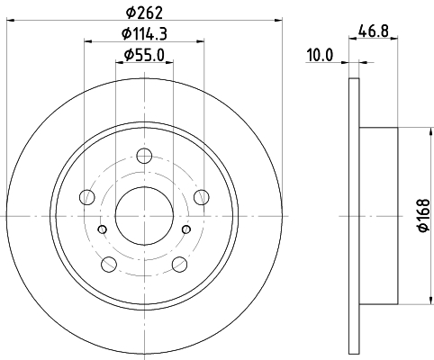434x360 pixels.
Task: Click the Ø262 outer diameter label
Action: [x=144, y=13]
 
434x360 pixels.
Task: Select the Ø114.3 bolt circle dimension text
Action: [x=144, y=33]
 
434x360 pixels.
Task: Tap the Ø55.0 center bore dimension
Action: [x=144, y=55]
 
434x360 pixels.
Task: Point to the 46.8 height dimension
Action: [x=374, y=31]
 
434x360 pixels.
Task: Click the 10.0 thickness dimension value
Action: [x=320, y=55]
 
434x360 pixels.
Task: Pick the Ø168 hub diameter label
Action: [x=424, y=215]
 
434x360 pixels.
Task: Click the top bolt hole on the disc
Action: [x=144, y=156]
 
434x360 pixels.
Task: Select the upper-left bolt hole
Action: [x=87, y=197]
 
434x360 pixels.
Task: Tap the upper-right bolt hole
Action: [x=202, y=197]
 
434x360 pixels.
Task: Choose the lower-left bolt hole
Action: [x=109, y=265]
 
